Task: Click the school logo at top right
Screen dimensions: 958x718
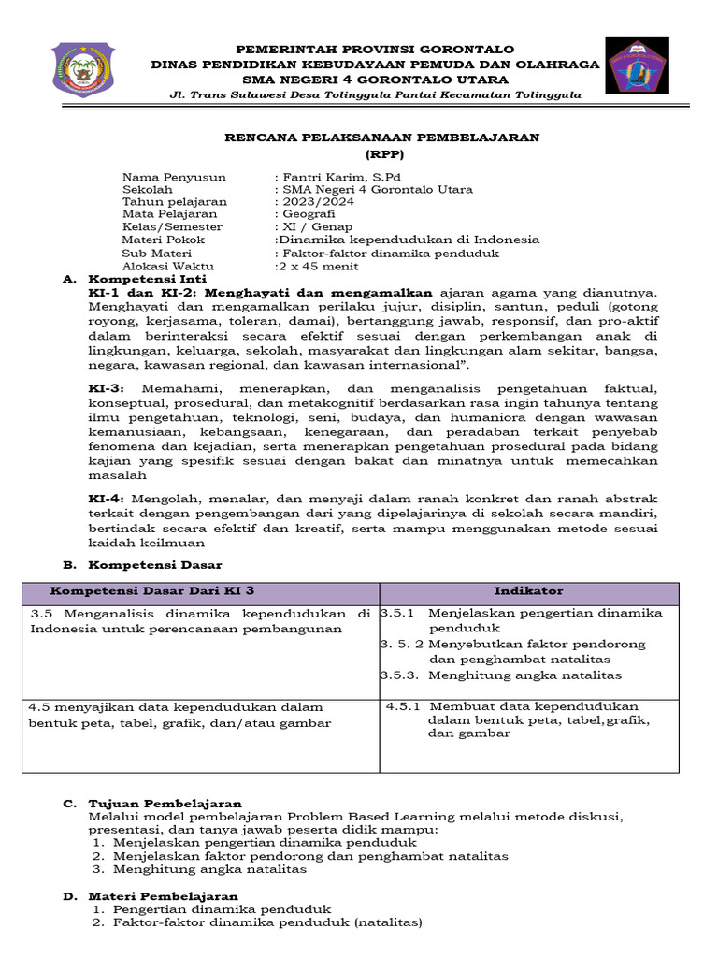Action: coord(636,66)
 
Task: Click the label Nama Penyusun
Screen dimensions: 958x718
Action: coord(167,177)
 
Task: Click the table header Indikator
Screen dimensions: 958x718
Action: coord(528,591)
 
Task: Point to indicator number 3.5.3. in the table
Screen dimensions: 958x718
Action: coord(400,675)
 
